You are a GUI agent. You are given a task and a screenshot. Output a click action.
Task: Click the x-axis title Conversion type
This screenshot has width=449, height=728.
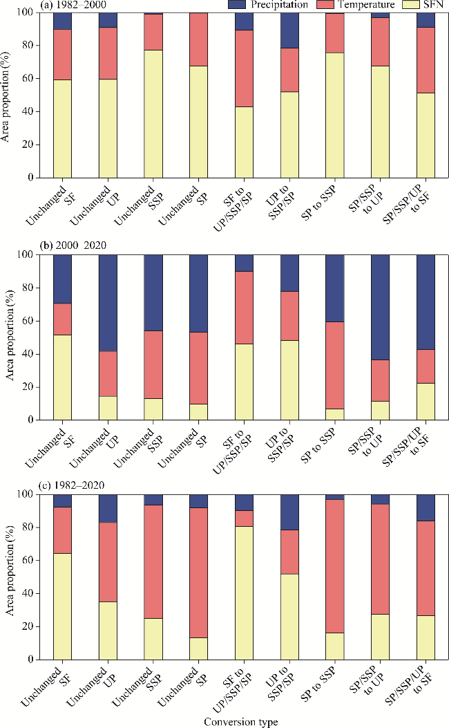242,721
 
